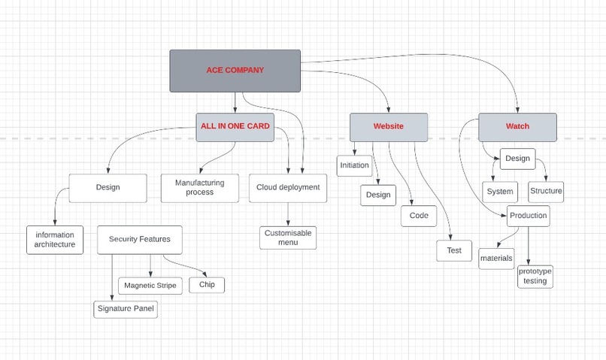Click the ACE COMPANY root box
pos(235,71)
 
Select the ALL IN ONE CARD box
pos(235,126)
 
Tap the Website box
pos(388,126)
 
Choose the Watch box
pos(517,126)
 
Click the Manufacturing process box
pos(199,188)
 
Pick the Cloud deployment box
pos(288,188)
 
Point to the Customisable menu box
pos(288,237)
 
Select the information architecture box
pos(55,240)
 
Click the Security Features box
pos(140,240)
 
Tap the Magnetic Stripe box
pos(150,286)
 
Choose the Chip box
pos(207,285)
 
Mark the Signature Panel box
pos(126,309)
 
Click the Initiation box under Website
pos(354,165)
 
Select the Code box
pos(419,216)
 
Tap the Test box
pos(454,250)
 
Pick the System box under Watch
pos(499,192)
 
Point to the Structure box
pos(546,191)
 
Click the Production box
pos(529,216)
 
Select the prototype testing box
pos(535,276)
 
